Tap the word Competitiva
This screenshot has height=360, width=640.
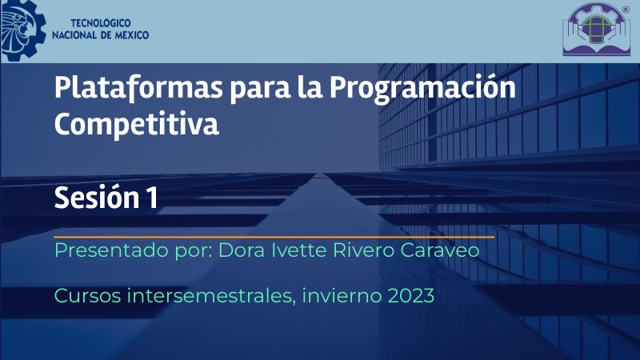[x=136, y=124]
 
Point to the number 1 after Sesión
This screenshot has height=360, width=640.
[x=151, y=198]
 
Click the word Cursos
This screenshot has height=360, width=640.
[x=86, y=296]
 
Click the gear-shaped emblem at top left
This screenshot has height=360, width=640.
[x=19, y=30]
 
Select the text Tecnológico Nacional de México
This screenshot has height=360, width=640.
[x=99, y=30]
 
